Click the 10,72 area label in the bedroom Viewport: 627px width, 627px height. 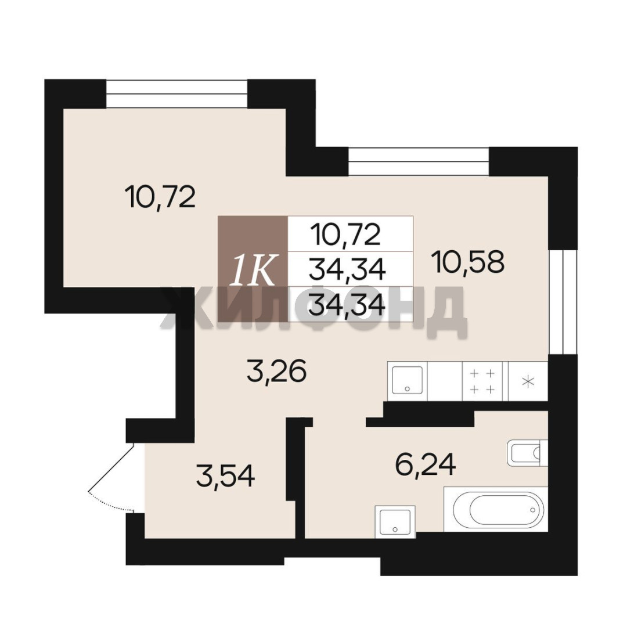click(x=160, y=197)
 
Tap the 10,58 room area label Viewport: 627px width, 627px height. click(x=470, y=262)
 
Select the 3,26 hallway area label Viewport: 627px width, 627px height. click(x=277, y=370)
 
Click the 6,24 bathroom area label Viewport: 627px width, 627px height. click(x=426, y=464)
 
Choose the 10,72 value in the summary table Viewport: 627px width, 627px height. click(x=347, y=235)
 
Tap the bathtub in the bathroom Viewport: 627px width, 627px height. click(x=495, y=510)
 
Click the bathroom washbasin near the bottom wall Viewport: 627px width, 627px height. click(x=395, y=521)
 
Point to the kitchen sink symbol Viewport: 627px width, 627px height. click(x=407, y=380)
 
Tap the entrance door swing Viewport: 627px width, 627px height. click(x=111, y=477)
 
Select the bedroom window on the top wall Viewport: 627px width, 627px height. click(x=176, y=93)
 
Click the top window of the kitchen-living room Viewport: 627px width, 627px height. click(x=419, y=161)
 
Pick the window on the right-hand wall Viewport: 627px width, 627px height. click(x=563, y=302)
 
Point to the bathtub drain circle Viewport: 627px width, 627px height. click(x=532, y=510)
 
